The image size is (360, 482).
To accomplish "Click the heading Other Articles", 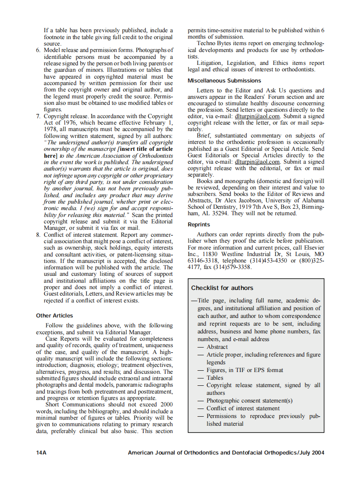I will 55,315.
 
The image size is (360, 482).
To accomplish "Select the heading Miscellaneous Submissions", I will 224,80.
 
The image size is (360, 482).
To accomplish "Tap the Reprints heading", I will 198,224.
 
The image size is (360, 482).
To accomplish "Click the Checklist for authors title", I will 222,288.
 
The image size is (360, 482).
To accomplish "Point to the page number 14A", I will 41,452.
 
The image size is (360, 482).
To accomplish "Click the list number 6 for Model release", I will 38,50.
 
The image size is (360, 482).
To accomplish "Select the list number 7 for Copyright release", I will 38,116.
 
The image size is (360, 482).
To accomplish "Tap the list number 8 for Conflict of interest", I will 38,235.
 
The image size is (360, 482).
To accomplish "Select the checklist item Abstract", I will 217,347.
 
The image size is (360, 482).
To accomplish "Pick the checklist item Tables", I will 215,378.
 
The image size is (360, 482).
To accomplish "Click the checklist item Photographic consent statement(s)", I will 249,400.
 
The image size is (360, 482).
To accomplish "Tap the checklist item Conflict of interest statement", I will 243,408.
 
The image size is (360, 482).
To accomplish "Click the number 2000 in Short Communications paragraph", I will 166,404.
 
